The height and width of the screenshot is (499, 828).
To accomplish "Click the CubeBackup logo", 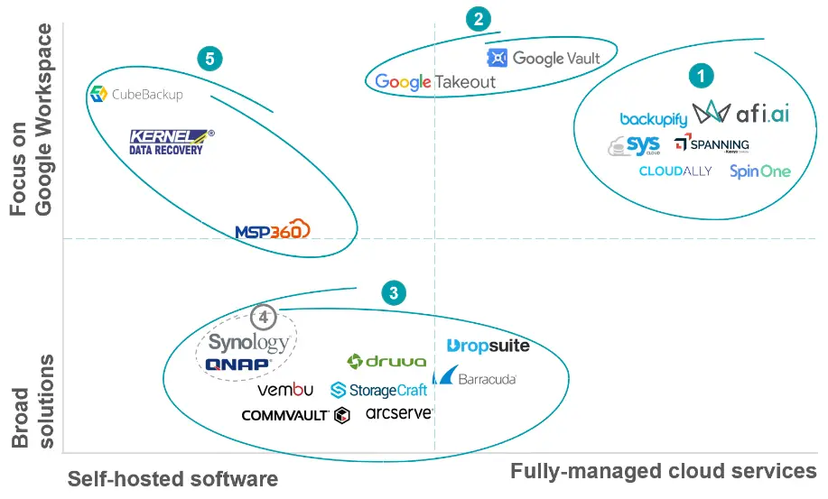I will click(136, 94).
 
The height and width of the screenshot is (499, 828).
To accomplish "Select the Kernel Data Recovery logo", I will click(172, 142).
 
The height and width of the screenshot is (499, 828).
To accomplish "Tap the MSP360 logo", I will click(272, 230).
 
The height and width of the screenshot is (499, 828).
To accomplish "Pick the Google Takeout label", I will click(435, 82).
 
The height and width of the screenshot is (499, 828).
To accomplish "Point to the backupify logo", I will click(654, 119).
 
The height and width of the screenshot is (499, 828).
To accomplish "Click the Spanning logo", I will click(712, 144).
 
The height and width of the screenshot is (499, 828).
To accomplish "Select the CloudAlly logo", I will click(675, 171).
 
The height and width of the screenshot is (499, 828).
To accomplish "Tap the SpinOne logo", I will click(759, 171).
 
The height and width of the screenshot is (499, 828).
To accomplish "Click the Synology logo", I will click(248, 342).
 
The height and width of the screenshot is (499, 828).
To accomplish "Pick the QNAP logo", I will click(238, 365).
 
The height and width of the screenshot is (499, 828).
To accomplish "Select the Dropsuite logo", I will click(488, 346).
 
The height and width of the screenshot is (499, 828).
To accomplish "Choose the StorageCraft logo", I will click(378, 390).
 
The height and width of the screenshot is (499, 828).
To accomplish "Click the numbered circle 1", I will click(701, 76).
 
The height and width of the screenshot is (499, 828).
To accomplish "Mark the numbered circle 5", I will click(209, 60).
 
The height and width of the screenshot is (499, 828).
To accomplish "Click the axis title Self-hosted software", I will click(172, 478).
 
